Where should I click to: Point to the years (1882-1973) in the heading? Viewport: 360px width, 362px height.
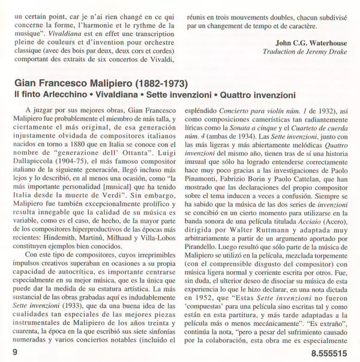[161, 82]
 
